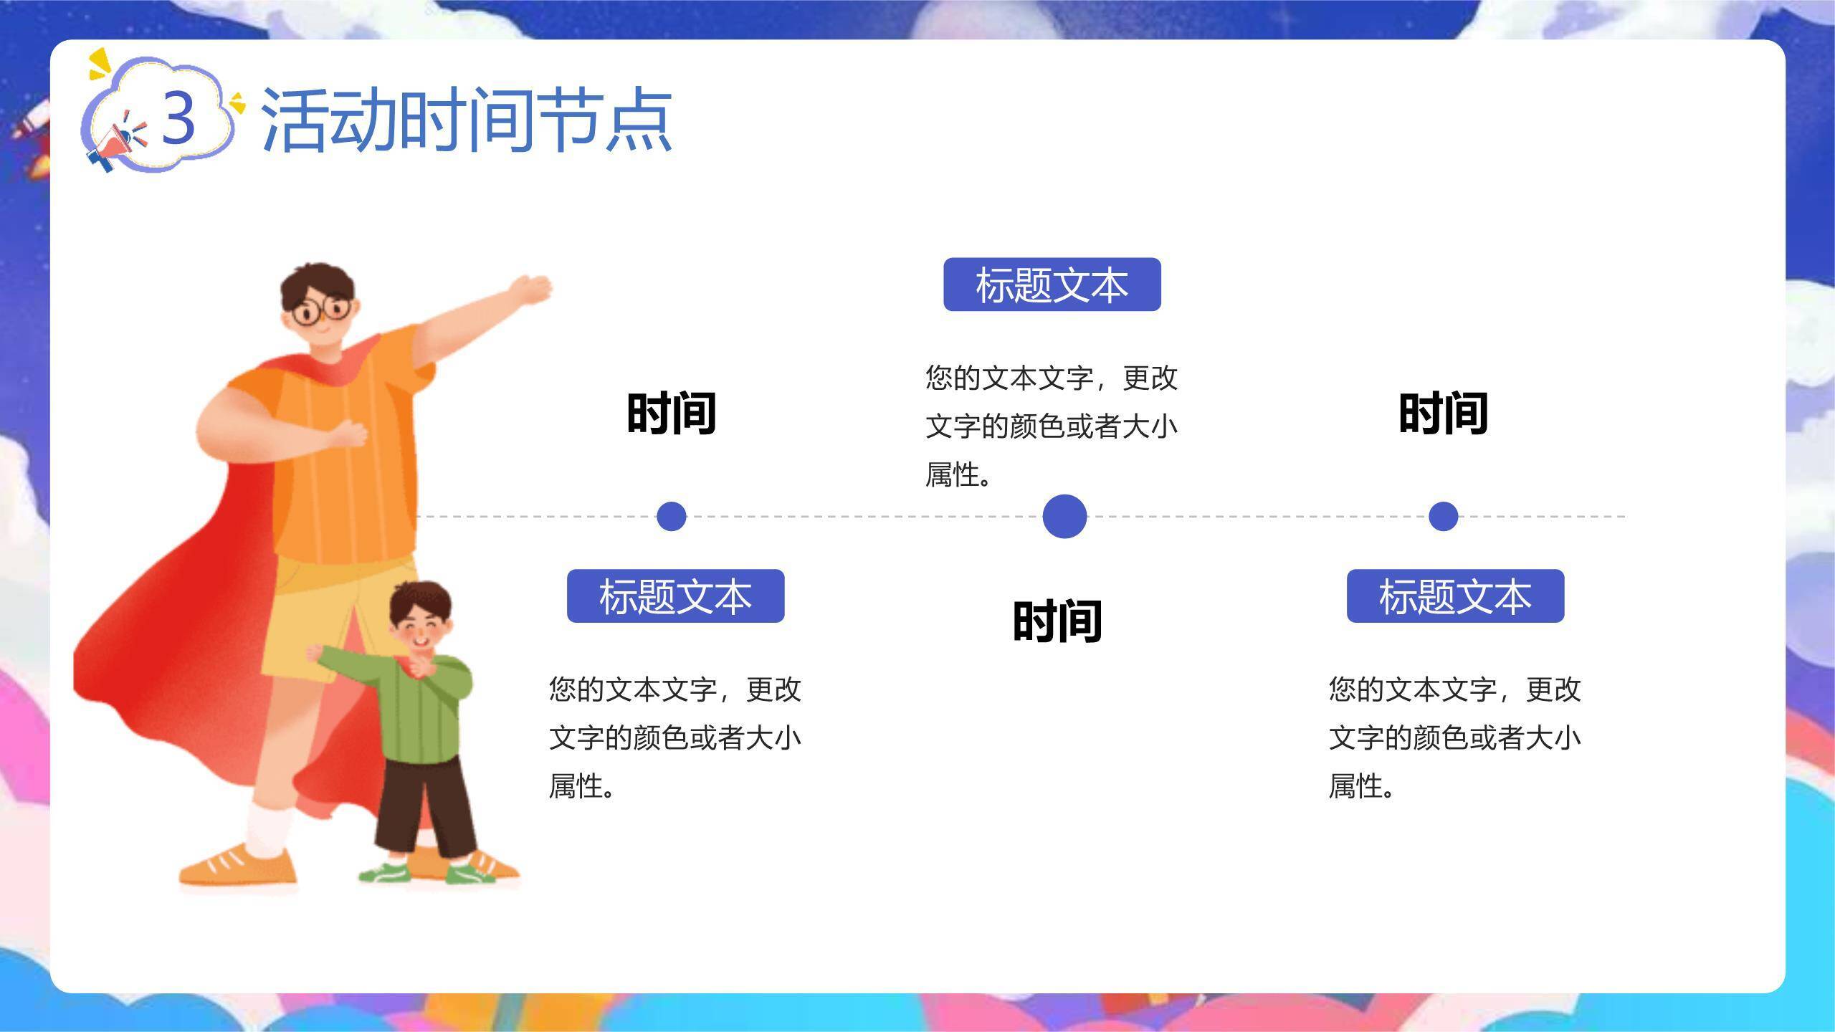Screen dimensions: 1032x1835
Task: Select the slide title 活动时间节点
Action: pos(466,120)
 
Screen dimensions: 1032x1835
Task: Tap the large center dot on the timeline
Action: pos(1064,516)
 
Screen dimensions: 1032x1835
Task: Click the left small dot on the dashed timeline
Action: pos(671,516)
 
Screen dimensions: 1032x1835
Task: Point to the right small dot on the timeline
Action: pos(1443,516)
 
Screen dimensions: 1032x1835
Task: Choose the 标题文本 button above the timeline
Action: pos(1052,285)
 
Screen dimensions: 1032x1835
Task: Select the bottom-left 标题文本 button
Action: pos(675,596)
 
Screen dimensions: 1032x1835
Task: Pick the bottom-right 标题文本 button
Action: pos(1455,596)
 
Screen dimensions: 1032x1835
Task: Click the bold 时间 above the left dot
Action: pos(672,414)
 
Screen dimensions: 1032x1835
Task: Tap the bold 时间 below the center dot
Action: pos(1057,621)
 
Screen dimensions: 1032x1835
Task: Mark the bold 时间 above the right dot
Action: pos(1443,414)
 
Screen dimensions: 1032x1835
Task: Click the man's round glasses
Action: pos(322,310)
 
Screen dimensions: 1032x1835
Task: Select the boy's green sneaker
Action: pos(384,873)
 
